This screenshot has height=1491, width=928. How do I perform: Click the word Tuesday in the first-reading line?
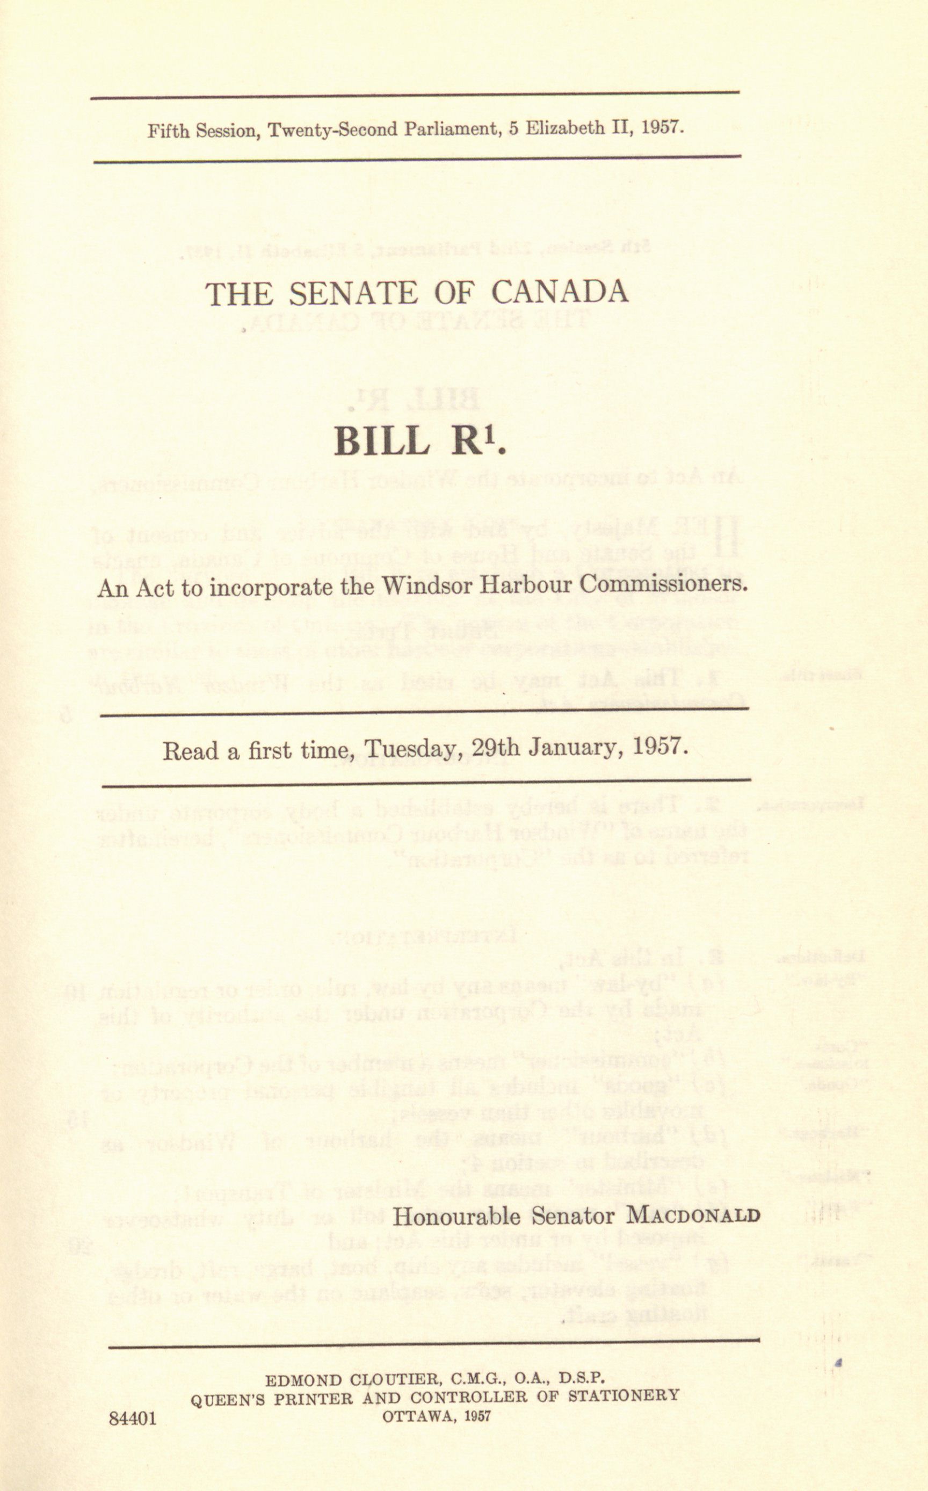(416, 749)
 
